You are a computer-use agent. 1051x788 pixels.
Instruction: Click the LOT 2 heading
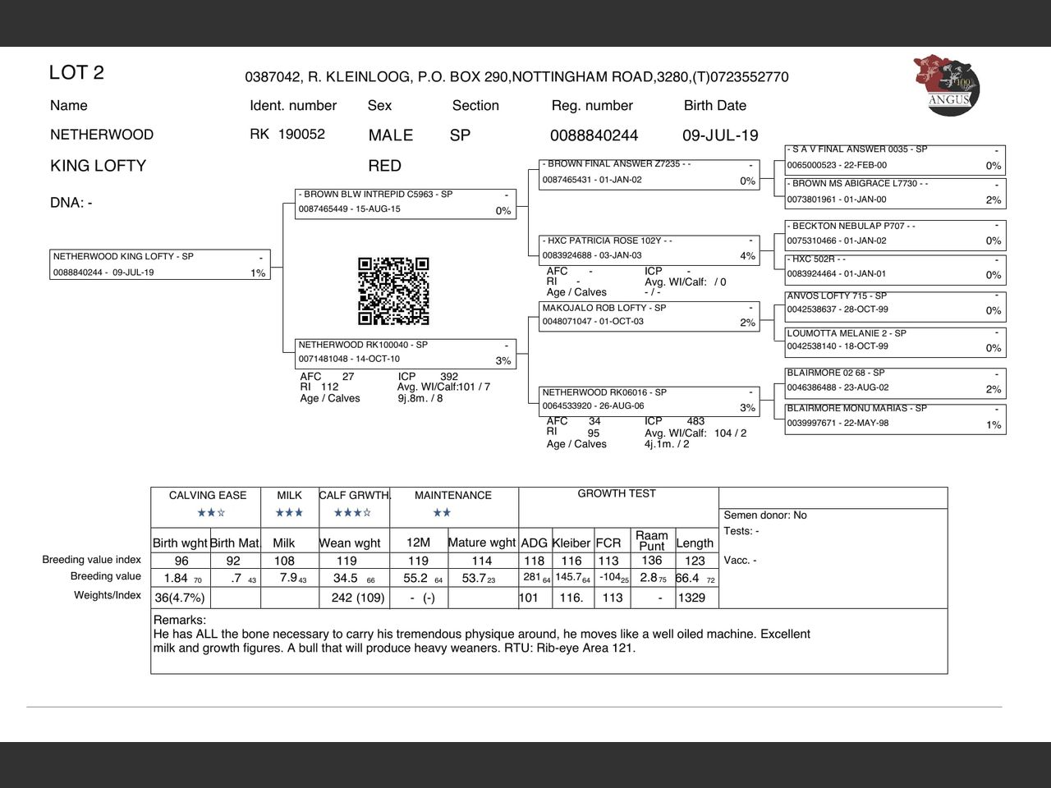point(76,72)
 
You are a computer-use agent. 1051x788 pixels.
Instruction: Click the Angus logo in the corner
point(946,85)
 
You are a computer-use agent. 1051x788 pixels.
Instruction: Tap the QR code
point(393,291)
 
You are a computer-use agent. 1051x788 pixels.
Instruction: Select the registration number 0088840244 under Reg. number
point(594,135)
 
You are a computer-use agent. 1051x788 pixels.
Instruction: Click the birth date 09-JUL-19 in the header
point(720,135)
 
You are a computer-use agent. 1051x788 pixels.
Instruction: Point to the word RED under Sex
point(384,166)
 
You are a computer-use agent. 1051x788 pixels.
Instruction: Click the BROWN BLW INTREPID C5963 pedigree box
point(405,203)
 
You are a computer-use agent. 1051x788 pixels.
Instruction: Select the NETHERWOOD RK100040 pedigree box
point(405,353)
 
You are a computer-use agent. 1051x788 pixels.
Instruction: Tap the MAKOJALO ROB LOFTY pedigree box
point(649,315)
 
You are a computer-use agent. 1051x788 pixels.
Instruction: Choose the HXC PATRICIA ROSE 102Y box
point(649,249)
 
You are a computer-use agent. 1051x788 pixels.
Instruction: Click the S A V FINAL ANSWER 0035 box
point(895,158)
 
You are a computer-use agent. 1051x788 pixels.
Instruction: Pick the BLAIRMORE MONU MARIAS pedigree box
point(895,417)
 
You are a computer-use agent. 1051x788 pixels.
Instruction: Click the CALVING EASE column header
point(207,496)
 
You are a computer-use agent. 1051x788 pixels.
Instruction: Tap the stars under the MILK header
point(289,513)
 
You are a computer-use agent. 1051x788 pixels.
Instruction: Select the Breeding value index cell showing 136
point(652,561)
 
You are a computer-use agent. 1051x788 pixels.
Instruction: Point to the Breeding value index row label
point(91,560)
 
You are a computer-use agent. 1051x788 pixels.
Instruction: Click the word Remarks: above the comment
point(180,621)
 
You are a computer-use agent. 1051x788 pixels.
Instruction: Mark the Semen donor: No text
point(765,515)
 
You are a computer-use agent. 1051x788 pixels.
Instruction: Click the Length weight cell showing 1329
point(691,598)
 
